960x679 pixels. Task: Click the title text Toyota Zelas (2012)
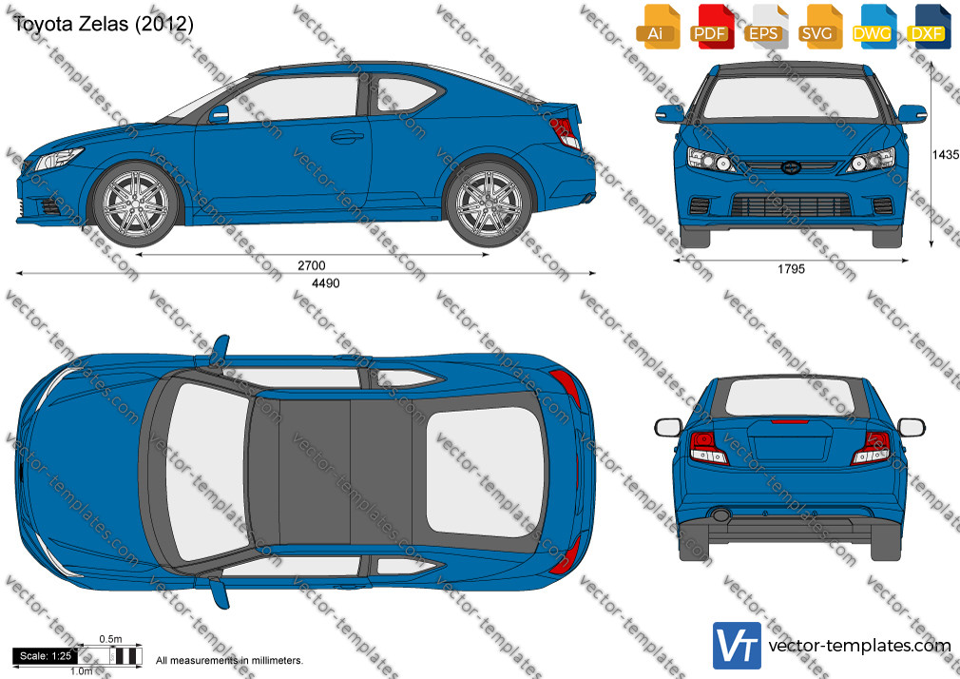point(103,24)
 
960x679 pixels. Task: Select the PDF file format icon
point(712,27)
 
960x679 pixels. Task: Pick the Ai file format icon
point(658,27)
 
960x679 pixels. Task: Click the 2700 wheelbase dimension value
point(312,265)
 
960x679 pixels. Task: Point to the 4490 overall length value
point(326,283)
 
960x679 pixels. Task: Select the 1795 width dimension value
point(791,269)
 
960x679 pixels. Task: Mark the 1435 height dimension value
point(946,155)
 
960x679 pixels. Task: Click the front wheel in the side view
point(135,204)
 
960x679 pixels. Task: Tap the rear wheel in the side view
point(489,204)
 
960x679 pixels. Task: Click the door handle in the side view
point(347,136)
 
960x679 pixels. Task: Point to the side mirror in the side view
point(219,114)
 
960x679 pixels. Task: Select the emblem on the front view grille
point(791,166)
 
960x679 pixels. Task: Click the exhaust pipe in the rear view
point(721,514)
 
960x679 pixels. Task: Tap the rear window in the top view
point(486,472)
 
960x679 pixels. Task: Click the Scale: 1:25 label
point(46,656)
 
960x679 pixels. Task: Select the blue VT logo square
point(737,646)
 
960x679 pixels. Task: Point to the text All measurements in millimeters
point(229,661)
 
